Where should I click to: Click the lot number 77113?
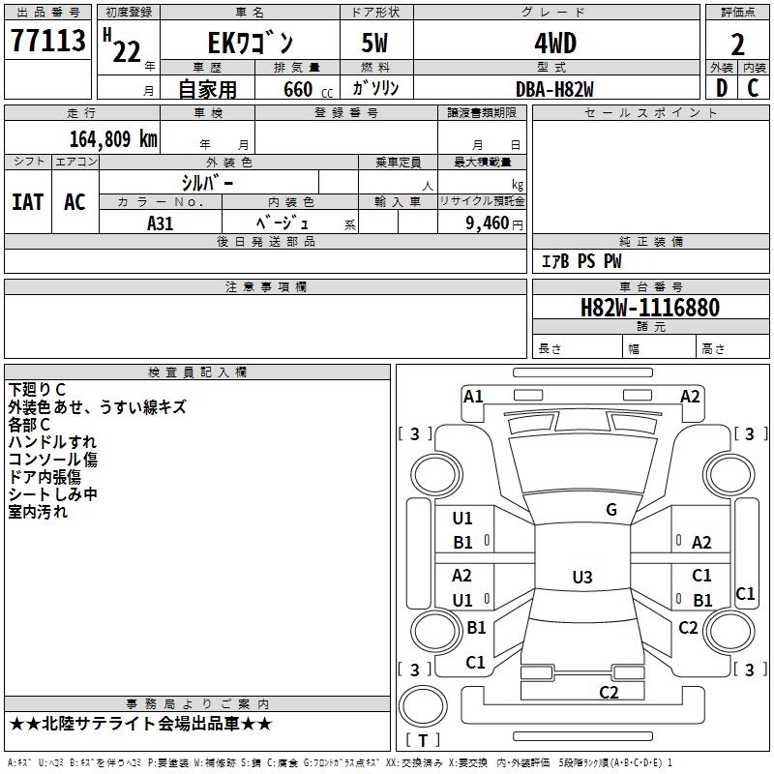(48, 44)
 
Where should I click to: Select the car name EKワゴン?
(252, 44)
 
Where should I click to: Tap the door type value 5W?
(376, 44)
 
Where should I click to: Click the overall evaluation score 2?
(737, 45)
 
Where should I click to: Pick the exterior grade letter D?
(721, 88)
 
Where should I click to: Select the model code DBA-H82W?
(555, 88)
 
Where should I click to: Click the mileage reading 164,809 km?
(113, 138)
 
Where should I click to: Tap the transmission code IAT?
(27, 202)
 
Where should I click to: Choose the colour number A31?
(161, 223)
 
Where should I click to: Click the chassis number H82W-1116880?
(649, 308)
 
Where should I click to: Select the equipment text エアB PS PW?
(580, 261)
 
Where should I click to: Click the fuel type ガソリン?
(375, 88)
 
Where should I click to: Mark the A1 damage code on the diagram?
(473, 396)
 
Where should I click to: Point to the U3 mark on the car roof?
(581, 578)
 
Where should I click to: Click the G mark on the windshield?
(610, 510)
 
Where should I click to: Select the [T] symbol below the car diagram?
(423, 740)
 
